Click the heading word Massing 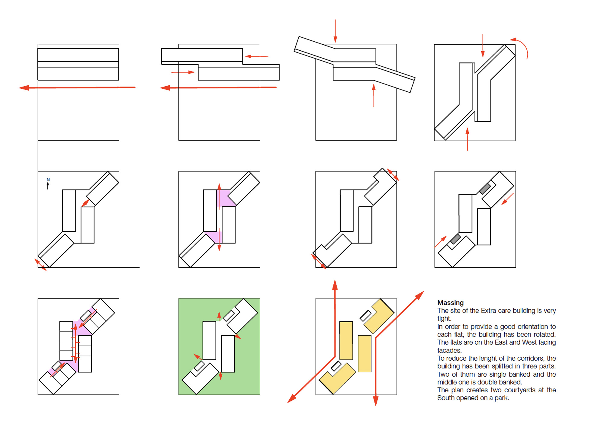click(x=450, y=303)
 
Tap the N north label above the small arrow click(x=48, y=180)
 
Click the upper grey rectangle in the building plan click(x=485, y=189)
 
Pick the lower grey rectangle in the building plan click(x=455, y=239)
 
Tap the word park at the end click(x=502, y=398)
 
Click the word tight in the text click(x=444, y=319)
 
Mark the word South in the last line click(x=446, y=398)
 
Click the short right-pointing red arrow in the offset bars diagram click(x=183, y=72)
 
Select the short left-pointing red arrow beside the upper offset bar click(x=256, y=56)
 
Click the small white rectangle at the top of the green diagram click(x=229, y=316)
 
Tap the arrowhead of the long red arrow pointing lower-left click(x=292, y=399)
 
